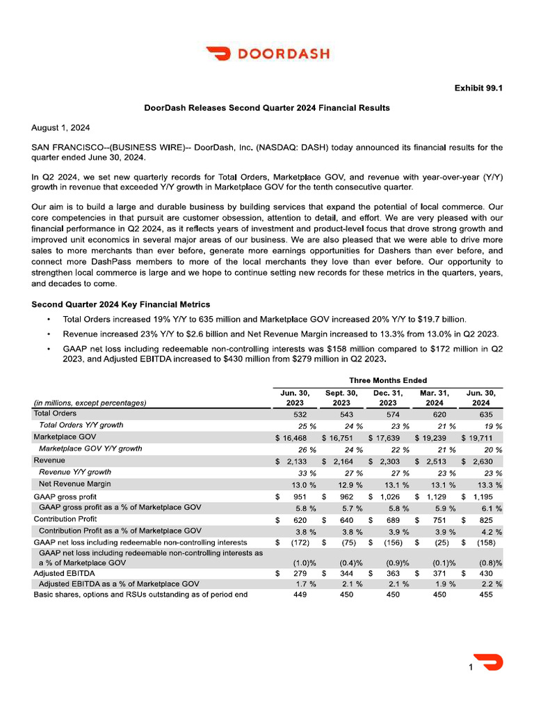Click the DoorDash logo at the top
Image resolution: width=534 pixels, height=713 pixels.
(x=267, y=54)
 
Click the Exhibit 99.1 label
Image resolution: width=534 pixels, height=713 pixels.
(x=478, y=88)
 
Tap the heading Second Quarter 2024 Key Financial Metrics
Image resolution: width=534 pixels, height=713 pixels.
(x=121, y=304)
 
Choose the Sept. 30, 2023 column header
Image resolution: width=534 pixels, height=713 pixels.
(x=341, y=398)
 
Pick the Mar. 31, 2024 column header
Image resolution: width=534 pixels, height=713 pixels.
(x=435, y=398)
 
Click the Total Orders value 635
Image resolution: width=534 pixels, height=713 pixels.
(x=481, y=414)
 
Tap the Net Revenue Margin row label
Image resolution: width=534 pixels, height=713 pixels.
(x=74, y=484)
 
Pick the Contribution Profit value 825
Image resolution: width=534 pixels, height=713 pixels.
(x=481, y=519)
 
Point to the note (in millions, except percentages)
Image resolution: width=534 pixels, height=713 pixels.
(x=90, y=402)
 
